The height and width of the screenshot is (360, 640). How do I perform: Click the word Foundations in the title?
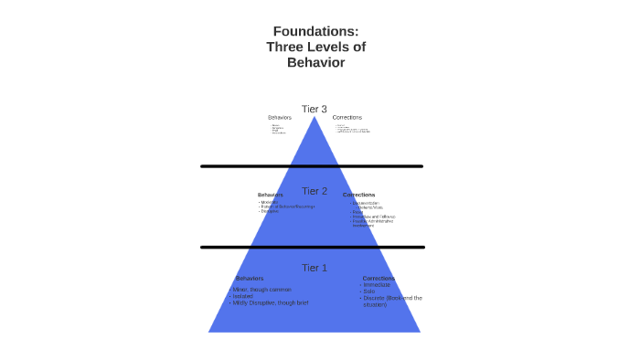click(x=315, y=31)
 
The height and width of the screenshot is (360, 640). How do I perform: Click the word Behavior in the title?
click(x=315, y=62)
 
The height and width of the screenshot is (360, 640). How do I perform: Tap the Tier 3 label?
click(x=315, y=110)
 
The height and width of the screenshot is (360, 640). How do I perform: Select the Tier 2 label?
click(x=315, y=191)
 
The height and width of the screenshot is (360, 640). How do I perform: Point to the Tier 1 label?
click(x=315, y=268)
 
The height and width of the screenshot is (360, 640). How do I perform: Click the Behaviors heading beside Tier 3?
click(x=280, y=117)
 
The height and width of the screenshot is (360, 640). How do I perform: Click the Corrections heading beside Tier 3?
click(x=347, y=117)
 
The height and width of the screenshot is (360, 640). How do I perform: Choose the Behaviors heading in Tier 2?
click(x=271, y=195)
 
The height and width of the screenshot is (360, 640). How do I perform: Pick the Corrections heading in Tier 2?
click(x=358, y=195)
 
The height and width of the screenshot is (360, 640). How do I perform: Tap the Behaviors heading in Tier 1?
click(x=250, y=278)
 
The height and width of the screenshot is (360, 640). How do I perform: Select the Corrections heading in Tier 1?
click(x=379, y=278)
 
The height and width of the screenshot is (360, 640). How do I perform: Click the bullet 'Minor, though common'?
click(x=261, y=290)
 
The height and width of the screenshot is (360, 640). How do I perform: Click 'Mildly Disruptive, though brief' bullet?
click(x=270, y=302)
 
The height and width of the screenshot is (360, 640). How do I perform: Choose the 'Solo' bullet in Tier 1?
click(x=369, y=291)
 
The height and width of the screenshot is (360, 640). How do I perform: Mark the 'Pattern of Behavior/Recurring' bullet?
click(x=287, y=206)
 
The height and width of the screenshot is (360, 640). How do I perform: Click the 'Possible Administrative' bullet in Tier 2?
click(x=373, y=221)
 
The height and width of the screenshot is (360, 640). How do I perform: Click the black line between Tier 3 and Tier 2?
click(x=312, y=166)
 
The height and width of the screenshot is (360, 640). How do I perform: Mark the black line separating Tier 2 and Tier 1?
click(x=312, y=247)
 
